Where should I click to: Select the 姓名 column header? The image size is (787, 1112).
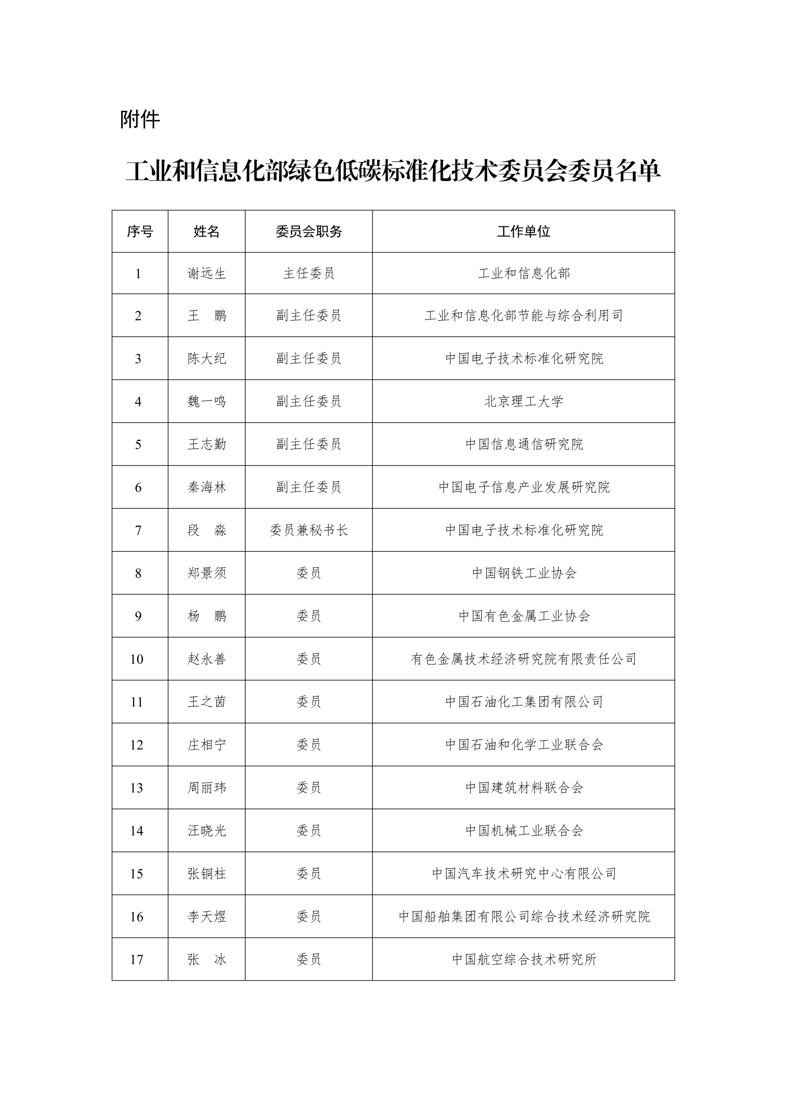(207, 232)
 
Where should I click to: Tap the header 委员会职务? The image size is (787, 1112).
(309, 232)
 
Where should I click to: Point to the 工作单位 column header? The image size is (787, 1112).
(523, 232)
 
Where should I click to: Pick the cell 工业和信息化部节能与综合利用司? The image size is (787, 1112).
(523, 316)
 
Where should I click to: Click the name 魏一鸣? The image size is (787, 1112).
(207, 401)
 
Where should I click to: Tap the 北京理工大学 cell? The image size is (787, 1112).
(523, 401)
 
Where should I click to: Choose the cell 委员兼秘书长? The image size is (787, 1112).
(309, 530)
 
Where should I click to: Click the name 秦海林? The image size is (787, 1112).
(207, 487)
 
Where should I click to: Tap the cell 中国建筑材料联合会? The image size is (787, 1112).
(523, 788)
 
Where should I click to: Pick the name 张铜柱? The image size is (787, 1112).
(207, 874)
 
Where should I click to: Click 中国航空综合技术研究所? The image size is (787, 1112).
(523, 959)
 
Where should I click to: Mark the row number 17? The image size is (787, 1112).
(137, 959)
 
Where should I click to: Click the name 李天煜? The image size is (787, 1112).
(207, 916)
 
